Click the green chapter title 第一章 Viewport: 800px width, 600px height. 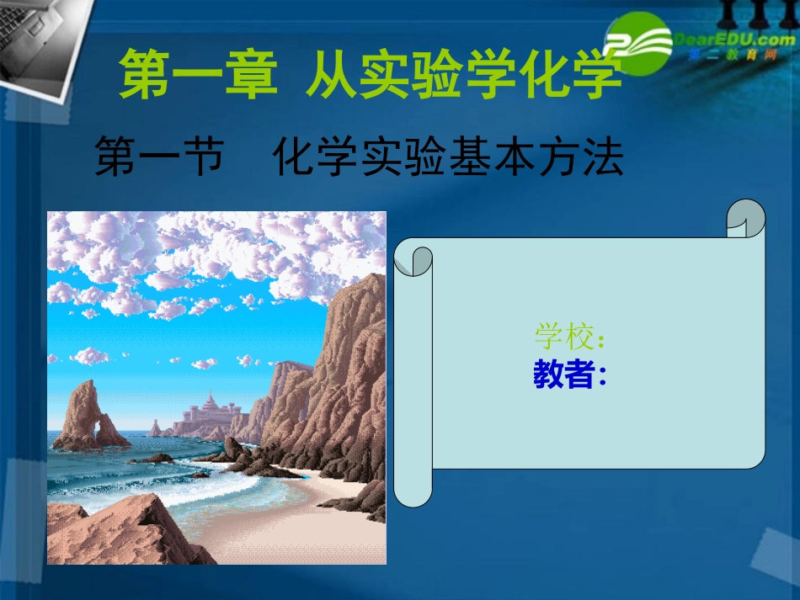pyautogui.click(x=198, y=74)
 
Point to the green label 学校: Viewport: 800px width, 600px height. pyautogui.click(x=569, y=337)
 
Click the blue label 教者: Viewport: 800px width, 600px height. pyautogui.click(x=569, y=376)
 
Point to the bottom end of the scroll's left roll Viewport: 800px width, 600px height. pyautogui.click(x=413, y=496)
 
